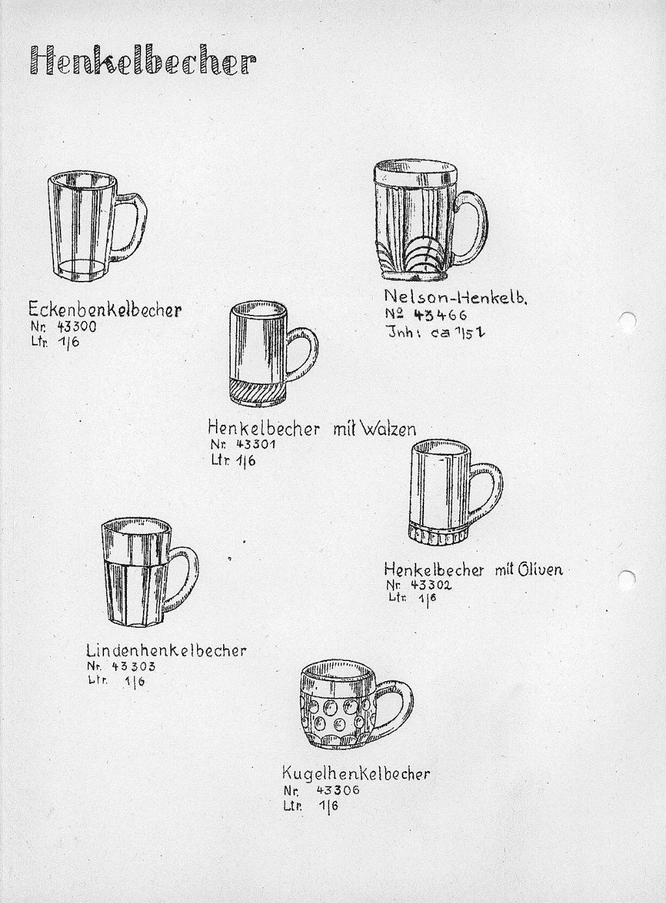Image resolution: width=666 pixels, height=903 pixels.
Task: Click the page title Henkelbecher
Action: click(142, 62)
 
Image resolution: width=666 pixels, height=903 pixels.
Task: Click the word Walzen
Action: click(387, 429)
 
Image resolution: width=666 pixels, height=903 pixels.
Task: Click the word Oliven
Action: click(540, 570)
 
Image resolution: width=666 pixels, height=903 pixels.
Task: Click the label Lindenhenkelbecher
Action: click(166, 651)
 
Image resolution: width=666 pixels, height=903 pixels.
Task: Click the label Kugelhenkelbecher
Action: click(356, 774)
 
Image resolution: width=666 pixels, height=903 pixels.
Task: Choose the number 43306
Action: click(338, 790)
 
